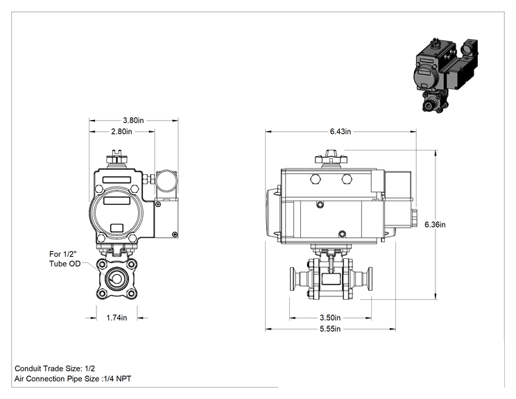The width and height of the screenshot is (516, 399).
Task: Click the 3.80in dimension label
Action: point(133,120)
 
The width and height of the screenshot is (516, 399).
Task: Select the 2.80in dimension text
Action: point(121,131)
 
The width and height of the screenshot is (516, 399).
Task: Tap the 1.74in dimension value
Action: point(117,318)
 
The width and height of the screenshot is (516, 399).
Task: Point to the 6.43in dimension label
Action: point(341,131)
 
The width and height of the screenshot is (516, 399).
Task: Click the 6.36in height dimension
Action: point(435,225)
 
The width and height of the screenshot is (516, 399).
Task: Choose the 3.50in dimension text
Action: point(330,318)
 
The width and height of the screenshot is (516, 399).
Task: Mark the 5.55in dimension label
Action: point(330,329)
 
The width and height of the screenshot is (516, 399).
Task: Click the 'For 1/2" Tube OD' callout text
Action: point(64,259)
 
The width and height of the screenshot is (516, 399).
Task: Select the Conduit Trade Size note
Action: point(55,368)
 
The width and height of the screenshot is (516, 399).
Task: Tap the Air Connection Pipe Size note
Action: point(73,379)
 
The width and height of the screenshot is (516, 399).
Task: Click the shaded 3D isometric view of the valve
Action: point(445,76)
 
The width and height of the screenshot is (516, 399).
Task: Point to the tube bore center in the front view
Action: point(117,279)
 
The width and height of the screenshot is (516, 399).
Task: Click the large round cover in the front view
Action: point(114,211)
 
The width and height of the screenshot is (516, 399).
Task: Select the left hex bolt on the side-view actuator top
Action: point(315,179)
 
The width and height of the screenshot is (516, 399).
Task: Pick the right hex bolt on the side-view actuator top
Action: point(347,179)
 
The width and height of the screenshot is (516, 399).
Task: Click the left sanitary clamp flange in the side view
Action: point(292,279)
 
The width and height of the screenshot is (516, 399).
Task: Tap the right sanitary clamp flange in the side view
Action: point(369,279)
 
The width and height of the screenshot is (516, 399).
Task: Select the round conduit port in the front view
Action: point(166,180)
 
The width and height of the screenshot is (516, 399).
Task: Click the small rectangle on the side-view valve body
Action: point(331,279)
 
